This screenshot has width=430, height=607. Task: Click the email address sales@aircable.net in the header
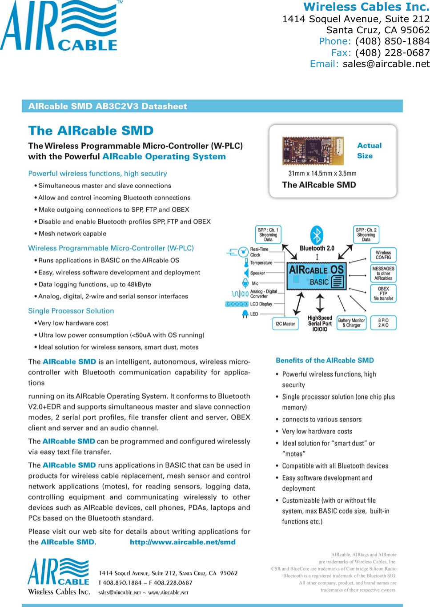[x=386, y=64]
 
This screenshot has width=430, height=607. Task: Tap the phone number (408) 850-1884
[x=392, y=41]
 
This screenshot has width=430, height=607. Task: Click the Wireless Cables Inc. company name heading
[x=366, y=7]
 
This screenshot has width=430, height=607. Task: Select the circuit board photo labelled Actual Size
[x=313, y=151]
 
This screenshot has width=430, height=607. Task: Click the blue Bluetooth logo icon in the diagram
[x=317, y=234]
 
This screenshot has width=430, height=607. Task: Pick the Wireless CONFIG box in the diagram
[x=383, y=255]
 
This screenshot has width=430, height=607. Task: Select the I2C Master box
[x=285, y=324]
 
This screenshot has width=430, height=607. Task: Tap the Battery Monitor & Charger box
[x=351, y=323]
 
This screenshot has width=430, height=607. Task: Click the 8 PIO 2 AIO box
[x=383, y=323]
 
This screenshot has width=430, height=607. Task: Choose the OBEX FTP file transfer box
[x=383, y=294]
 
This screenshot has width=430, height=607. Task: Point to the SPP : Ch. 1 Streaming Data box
[x=268, y=234]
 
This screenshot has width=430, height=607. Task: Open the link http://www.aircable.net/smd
[x=183, y=542]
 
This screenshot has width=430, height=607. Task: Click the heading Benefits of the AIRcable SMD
[x=325, y=361]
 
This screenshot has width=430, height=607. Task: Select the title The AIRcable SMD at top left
[x=91, y=131]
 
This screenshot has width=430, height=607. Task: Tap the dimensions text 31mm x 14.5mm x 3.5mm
[x=322, y=174]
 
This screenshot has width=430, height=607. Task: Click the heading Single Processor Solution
[x=71, y=311]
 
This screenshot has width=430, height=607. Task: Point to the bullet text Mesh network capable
[x=72, y=234]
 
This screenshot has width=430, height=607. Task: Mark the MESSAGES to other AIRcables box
[x=383, y=274]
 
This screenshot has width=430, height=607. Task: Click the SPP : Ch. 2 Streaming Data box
[x=366, y=234]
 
